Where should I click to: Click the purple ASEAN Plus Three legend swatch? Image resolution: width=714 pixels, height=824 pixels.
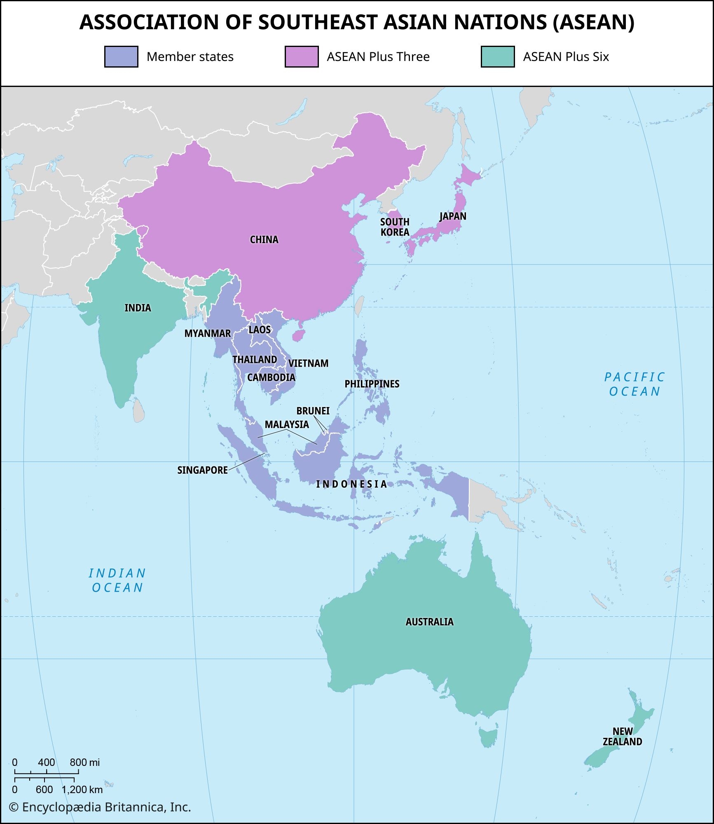tap(301, 57)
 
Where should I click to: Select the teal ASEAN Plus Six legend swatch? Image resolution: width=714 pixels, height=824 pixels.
tap(497, 57)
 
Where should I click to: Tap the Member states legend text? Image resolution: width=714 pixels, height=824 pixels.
tap(190, 57)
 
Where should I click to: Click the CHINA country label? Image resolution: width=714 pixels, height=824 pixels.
tap(264, 239)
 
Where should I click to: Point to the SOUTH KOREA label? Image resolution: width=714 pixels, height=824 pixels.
tap(394, 227)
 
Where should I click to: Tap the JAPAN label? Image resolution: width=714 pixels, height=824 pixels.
tap(453, 216)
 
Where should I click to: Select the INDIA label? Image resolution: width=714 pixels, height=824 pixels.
tap(138, 308)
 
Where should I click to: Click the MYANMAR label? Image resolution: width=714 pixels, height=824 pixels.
tap(207, 333)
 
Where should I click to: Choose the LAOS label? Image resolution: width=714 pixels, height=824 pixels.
tap(260, 330)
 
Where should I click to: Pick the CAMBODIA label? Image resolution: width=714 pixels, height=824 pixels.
tap(271, 377)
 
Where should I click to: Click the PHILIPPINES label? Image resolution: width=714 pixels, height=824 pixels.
tap(372, 384)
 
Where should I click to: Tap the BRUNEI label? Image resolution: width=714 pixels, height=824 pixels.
tap(313, 411)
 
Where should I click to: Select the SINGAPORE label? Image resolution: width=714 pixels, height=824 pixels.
tap(202, 470)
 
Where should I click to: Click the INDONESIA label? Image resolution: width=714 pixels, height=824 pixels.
tap(351, 484)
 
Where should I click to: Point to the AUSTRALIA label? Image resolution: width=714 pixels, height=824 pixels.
tap(429, 622)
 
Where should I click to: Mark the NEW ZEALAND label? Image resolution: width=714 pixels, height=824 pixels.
tap(622, 737)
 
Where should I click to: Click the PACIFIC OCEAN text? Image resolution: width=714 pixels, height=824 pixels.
tap(634, 384)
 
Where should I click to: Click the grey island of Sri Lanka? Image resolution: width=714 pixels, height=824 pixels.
tap(139, 410)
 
